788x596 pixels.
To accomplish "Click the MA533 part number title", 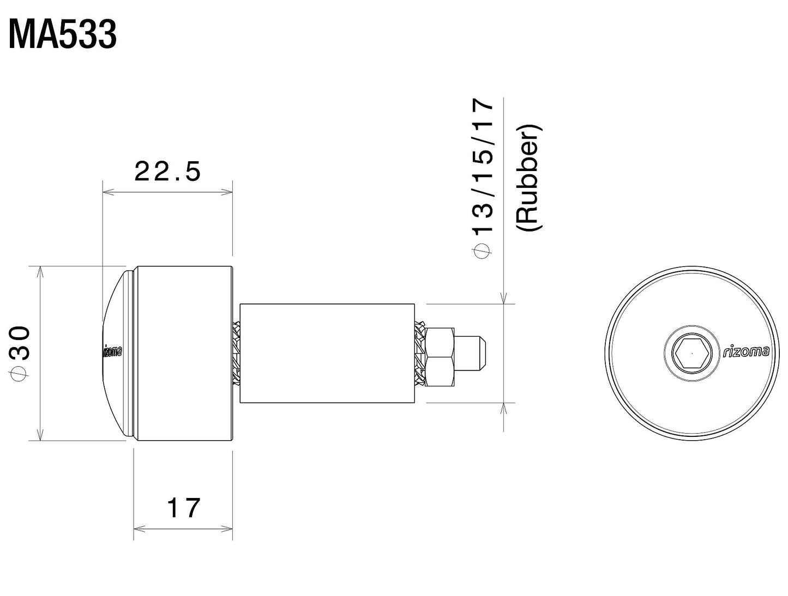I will click(x=63, y=36).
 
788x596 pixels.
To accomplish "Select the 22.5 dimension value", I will click(x=167, y=172).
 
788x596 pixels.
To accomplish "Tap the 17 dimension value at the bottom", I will click(x=184, y=508).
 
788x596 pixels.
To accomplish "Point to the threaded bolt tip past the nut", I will click(x=472, y=352).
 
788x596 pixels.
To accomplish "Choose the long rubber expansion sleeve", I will click(x=326, y=353).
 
